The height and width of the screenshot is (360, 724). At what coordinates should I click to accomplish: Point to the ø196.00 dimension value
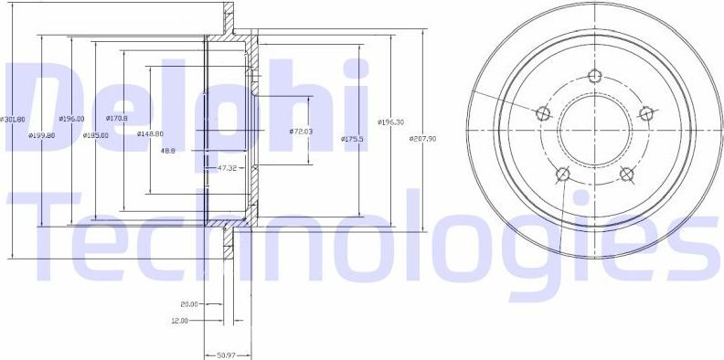click(71, 119)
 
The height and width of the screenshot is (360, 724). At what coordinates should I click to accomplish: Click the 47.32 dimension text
click(228, 168)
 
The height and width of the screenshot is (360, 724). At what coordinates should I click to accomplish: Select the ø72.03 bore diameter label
click(301, 132)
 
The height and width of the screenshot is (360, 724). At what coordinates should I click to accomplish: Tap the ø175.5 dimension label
click(354, 138)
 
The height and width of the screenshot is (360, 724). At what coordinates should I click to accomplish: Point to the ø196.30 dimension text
click(390, 122)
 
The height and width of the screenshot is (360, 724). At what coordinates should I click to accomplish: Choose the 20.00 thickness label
click(189, 305)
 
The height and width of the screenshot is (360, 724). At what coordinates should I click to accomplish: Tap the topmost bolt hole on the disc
click(595, 76)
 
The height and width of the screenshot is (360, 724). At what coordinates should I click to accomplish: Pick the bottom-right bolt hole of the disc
click(626, 174)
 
